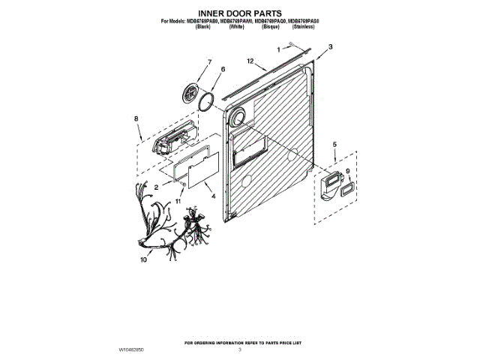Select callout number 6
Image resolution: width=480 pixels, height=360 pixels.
point(223,69)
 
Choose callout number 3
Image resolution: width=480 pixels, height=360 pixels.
point(329,47)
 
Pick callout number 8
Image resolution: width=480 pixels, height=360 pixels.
point(136,118)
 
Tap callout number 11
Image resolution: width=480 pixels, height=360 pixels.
point(178,202)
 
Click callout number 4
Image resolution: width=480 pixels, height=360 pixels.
point(214,196)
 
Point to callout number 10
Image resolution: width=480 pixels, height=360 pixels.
point(143,260)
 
